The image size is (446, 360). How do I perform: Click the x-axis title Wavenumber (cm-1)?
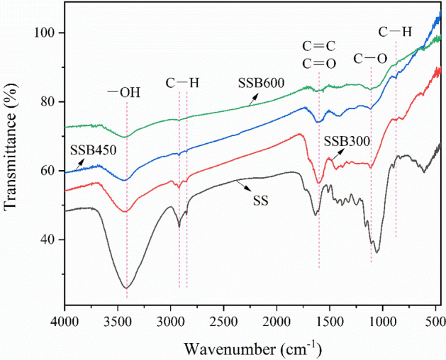252,349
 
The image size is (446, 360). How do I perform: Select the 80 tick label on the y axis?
50,102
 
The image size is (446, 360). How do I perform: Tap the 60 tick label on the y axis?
50,171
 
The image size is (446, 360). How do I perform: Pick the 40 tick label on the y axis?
50,240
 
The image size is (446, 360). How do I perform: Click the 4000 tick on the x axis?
65,321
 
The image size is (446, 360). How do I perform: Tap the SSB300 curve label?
347,141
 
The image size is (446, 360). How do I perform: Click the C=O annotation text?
318,64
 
